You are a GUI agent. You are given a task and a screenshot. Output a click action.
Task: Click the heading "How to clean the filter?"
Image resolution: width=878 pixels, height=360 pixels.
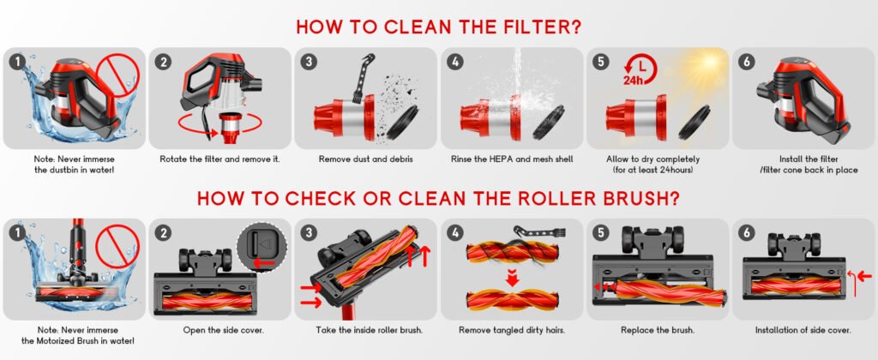(x=438, y=26)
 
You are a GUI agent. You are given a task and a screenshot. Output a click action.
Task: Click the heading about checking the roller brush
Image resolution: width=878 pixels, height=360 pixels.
(x=438, y=199)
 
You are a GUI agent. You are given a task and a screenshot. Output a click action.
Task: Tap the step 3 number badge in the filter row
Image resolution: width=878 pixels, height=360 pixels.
(x=308, y=61)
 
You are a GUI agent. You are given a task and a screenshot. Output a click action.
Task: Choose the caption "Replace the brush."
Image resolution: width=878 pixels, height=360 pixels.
(x=657, y=330)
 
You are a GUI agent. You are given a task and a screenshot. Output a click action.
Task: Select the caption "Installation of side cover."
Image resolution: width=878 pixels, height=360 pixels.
(x=803, y=330)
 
